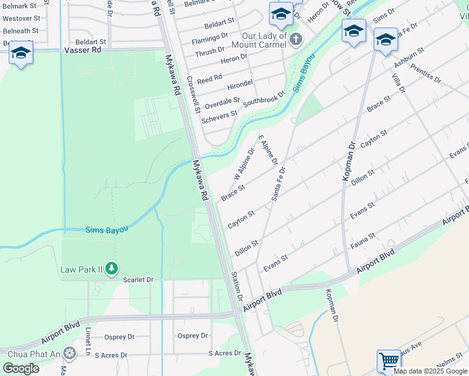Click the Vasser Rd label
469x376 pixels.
pyautogui.click(x=82, y=49)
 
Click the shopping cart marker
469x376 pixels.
pyautogui.click(x=389, y=361)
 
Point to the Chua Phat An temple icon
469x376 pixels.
pyautogui.click(x=69, y=353)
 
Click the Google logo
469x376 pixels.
pyautogui.click(x=21, y=368)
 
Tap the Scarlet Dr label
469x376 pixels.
pyautogui.click(x=138, y=279)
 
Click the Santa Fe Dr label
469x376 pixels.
pyautogui.click(x=278, y=184)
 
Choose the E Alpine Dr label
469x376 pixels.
pyautogui.click(x=267, y=149)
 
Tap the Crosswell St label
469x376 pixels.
pyautogui.click(x=194, y=95)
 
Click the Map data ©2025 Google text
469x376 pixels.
pyautogui.click(x=430, y=371)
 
